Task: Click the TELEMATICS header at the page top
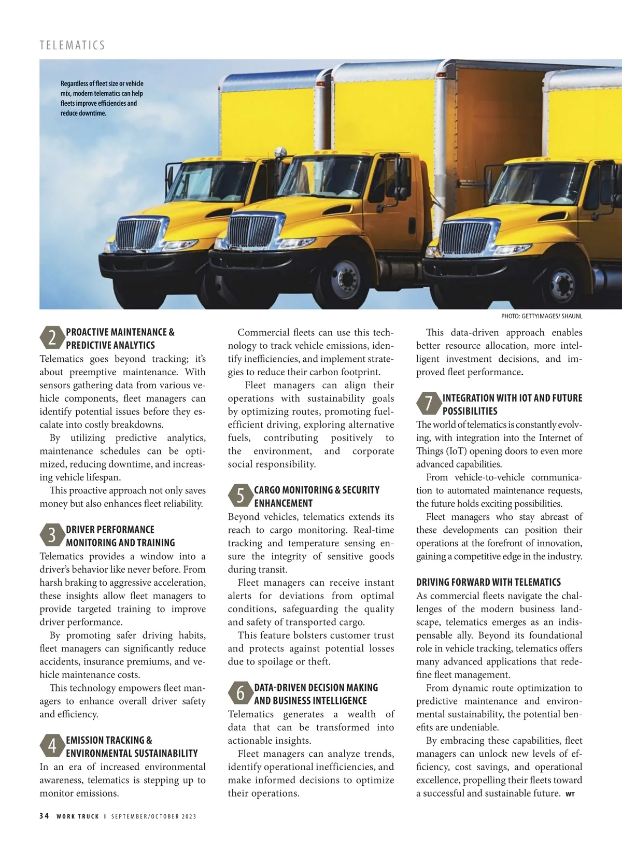[72, 45]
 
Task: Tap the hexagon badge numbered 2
[52, 338]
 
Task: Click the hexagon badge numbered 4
[52, 746]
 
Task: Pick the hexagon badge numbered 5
[240, 496]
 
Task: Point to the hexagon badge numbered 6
[240, 694]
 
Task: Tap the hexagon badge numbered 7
[428, 404]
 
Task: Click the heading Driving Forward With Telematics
[488, 582]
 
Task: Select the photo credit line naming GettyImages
[541, 316]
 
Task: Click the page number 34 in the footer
[44, 816]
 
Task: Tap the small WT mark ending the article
[570, 794]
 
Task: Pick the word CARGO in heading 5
[267, 490]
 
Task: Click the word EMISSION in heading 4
[87, 740]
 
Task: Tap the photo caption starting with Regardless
[102, 98]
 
